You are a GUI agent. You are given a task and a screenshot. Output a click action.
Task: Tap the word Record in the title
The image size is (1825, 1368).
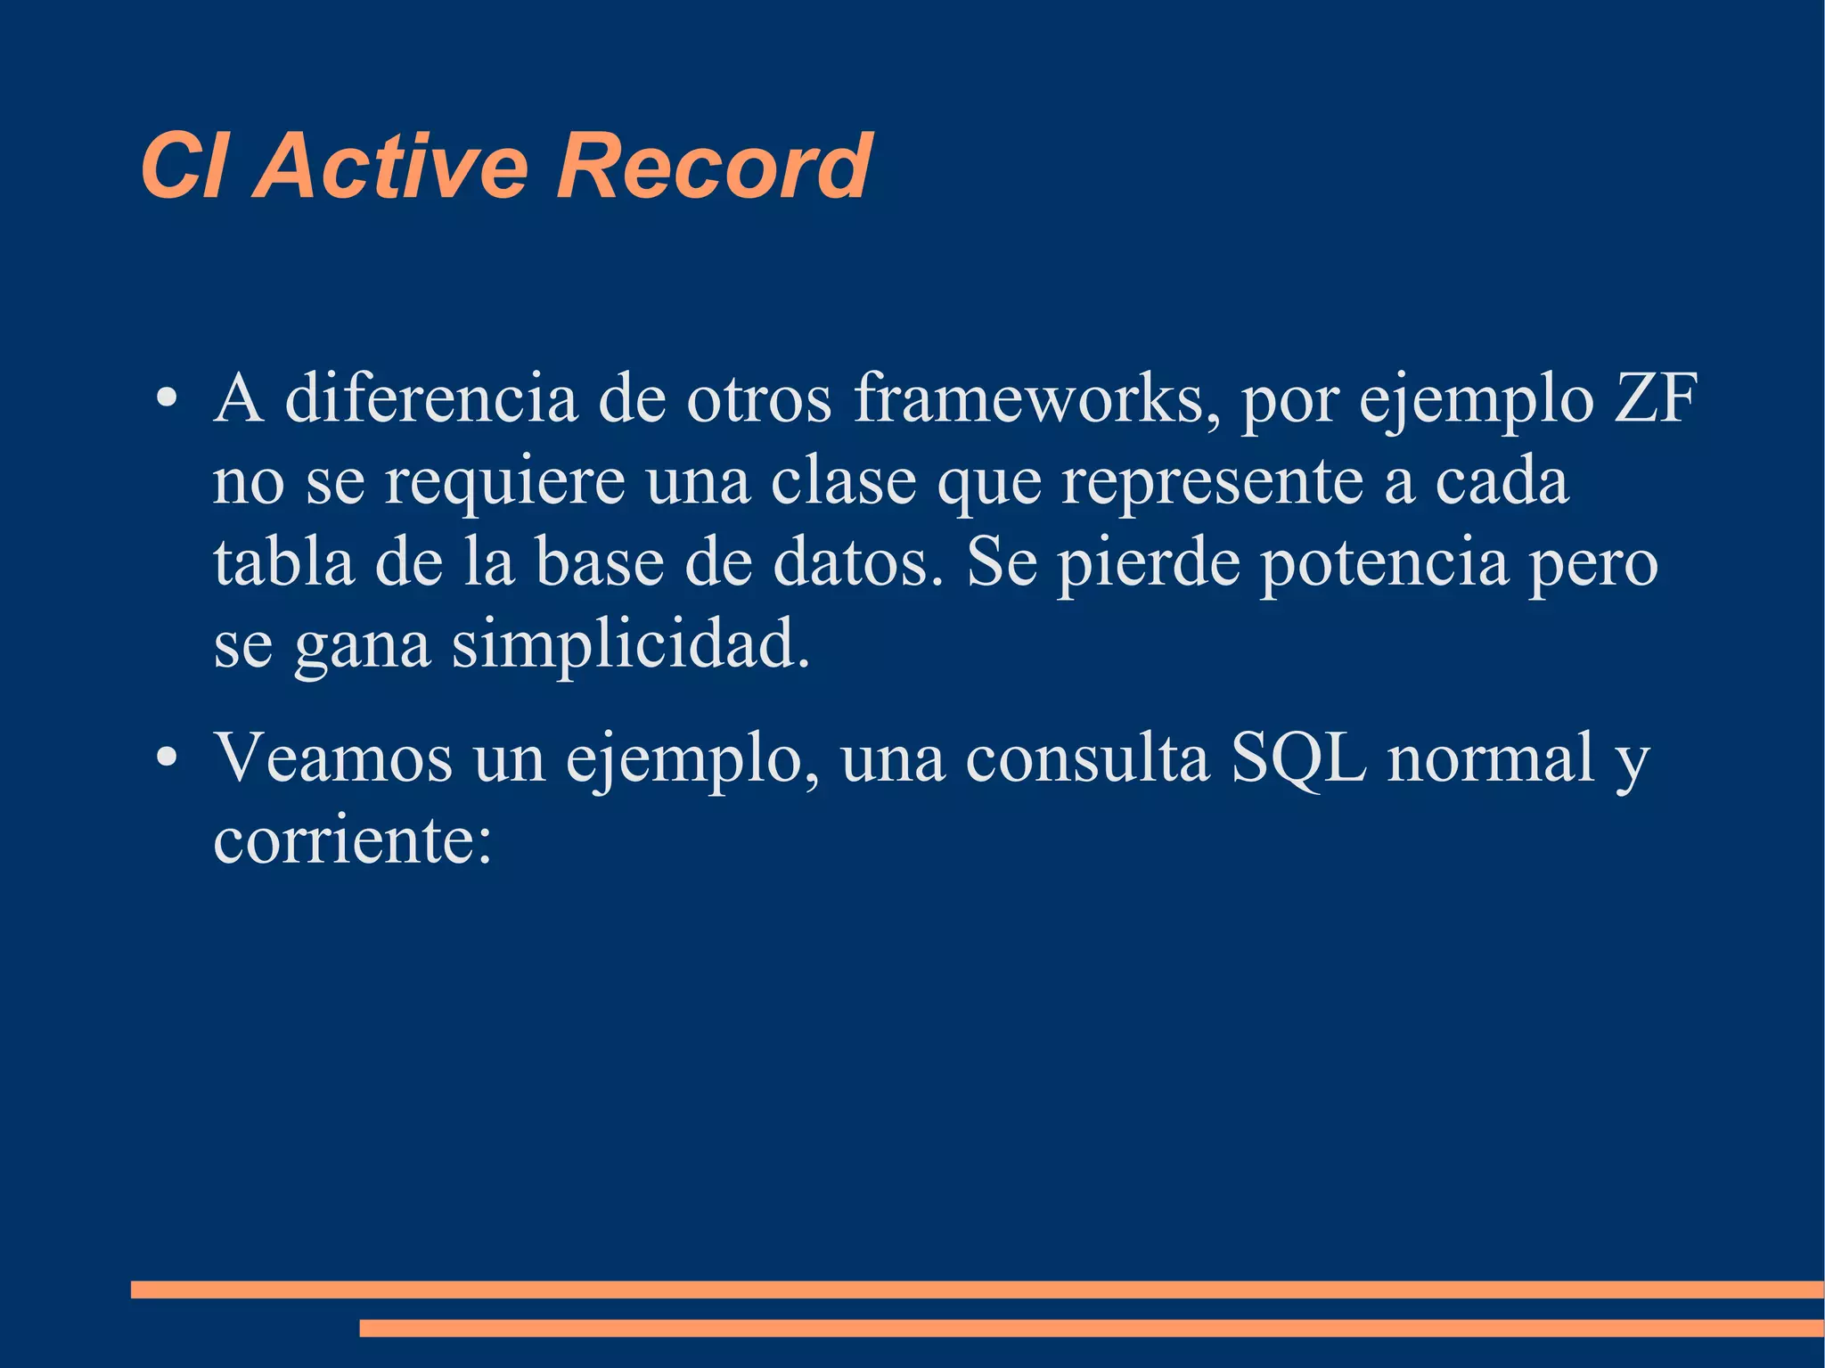pyautogui.click(x=713, y=166)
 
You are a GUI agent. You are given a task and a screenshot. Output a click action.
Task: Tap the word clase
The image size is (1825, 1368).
pyautogui.click(x=843, y=481)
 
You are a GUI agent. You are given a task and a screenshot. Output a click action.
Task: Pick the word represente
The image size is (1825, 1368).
pyautogui.click(x=1212, y=481)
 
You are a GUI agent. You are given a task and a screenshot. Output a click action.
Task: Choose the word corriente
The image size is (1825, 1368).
pyautogui.click(x=352, y=840)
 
